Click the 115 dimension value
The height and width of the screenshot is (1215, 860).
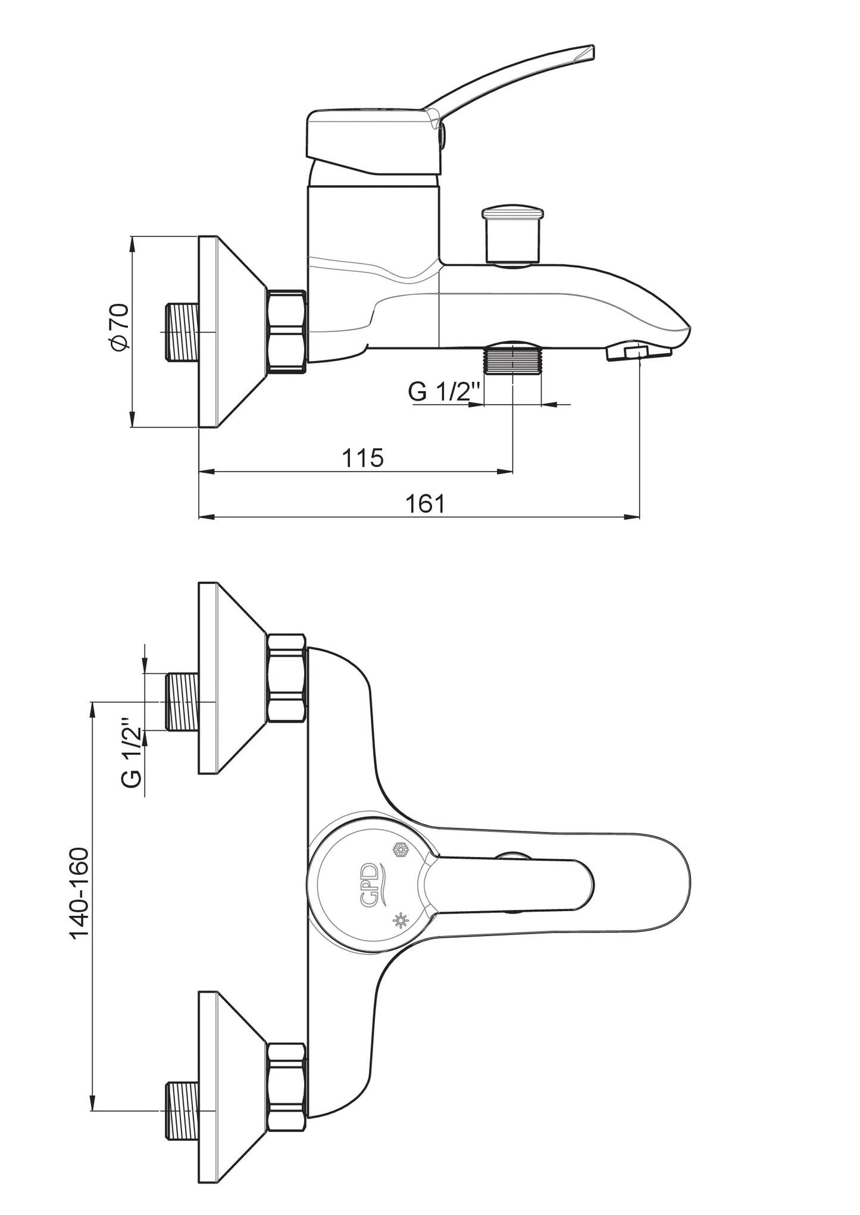coord(362,458)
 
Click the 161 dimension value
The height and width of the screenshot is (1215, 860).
coord(425,504)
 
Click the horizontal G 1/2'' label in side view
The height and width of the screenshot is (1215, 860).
coord(444,392)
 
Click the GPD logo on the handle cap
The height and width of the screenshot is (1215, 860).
coord(370,884)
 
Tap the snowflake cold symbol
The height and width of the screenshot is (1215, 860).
coord(400,850)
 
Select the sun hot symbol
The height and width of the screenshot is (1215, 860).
coord(401,921)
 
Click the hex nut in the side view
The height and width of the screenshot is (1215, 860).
coord(287,331)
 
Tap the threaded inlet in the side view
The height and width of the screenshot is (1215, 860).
coord(181,331)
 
